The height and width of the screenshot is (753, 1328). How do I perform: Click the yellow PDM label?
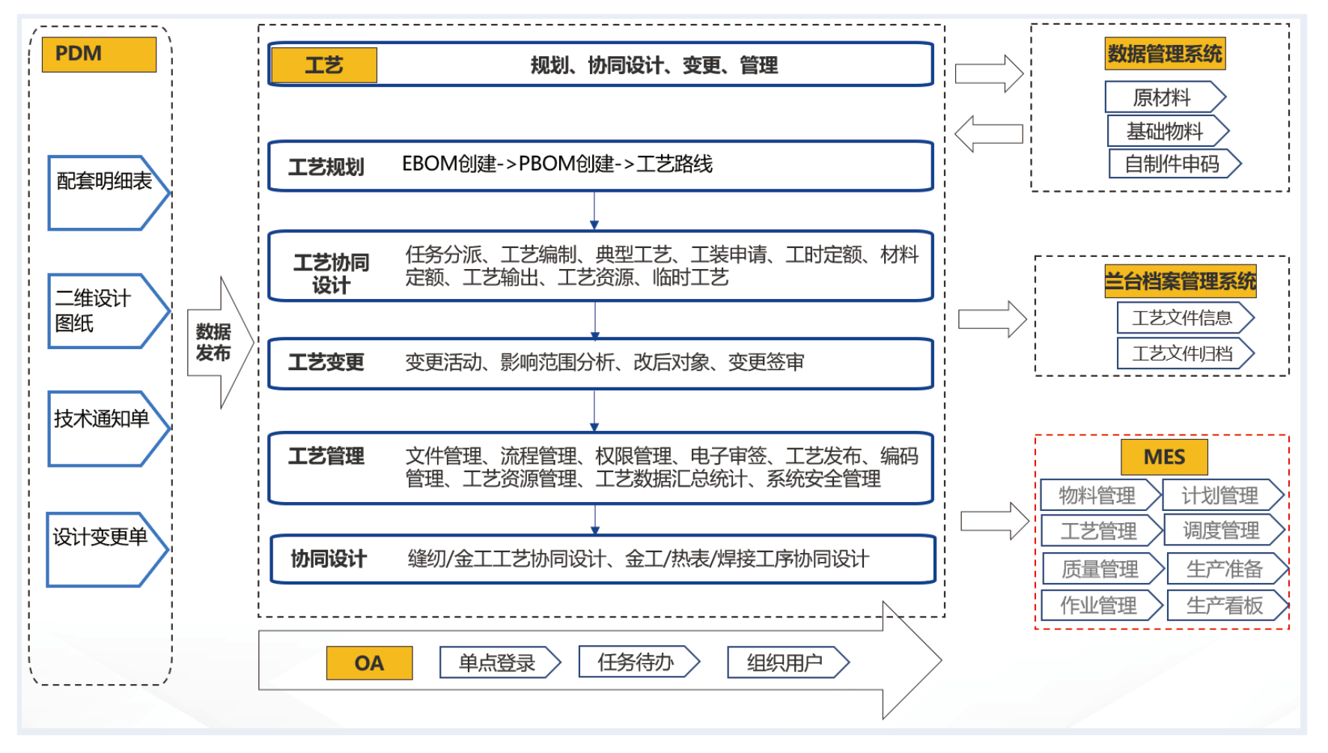99,55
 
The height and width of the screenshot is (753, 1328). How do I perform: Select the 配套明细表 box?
105,192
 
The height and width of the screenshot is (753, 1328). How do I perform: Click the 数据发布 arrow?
215,342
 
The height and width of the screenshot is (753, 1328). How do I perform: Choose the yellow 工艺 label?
323,65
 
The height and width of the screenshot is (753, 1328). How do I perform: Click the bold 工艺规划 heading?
326,166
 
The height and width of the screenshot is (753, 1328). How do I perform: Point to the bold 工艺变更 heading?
326,363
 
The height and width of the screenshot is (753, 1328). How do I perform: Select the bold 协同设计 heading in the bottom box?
329,559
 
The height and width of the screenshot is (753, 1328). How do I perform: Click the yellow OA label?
369,663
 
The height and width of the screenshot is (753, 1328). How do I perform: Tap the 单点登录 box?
497,663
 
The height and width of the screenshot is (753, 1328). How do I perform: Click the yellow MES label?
1164,457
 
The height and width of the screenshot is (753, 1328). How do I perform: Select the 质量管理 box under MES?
1100,569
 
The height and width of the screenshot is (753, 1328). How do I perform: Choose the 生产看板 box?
1225,605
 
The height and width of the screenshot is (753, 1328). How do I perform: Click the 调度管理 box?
1221,531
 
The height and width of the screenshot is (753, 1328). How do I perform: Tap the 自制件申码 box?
1172,164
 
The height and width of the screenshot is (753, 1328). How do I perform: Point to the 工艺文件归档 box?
1183,354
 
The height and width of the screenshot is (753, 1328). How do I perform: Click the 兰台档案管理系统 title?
1181,282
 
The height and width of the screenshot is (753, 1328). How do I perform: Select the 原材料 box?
1162,97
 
